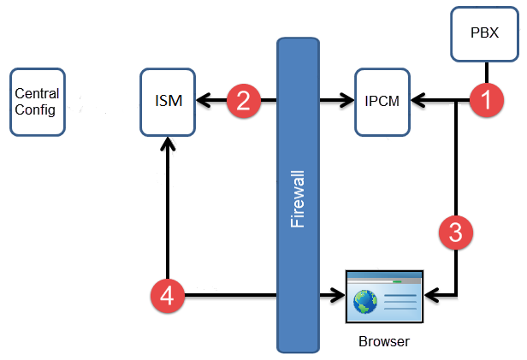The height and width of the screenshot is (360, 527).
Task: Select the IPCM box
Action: point(380,103)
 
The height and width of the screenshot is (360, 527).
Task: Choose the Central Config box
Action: point(38,103)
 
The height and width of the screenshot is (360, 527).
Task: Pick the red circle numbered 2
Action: point(243,102)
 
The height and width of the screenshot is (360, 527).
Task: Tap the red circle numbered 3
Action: point(455,232)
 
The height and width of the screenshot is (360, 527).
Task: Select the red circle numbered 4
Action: point(168,297)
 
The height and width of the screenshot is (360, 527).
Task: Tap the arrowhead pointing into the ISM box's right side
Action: point(201,102)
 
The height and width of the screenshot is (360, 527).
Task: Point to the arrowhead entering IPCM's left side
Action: point(348,102)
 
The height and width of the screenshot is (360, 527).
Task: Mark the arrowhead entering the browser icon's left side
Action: point(336,297)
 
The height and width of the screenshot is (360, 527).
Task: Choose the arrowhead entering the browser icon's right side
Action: point(431,297)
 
